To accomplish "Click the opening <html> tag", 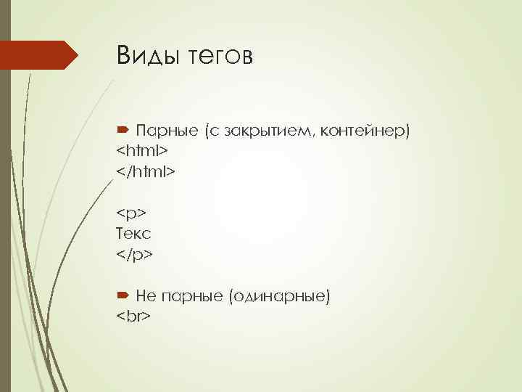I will [142, 151].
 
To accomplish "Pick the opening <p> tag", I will [131, 214].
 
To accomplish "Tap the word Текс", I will [133, 234].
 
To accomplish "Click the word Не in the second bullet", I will [145, 296].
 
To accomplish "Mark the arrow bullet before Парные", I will [123, 131].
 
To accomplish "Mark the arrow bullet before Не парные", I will [123, 295].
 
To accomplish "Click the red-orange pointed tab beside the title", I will [40, 55].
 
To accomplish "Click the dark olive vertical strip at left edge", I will [5, 218].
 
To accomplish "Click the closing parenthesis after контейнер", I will [408, 131].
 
